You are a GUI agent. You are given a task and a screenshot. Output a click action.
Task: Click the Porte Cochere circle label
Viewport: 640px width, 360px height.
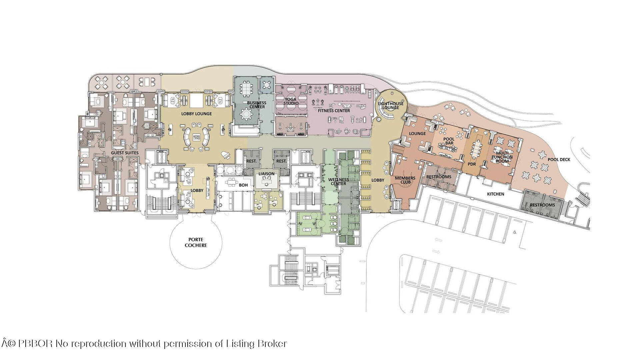[196, 242]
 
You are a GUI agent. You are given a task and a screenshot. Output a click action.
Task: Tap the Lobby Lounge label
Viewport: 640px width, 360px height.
[196, 114]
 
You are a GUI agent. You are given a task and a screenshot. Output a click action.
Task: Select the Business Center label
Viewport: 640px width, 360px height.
[257, 105]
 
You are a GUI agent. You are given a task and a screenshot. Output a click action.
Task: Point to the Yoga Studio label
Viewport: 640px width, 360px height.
[291, 101]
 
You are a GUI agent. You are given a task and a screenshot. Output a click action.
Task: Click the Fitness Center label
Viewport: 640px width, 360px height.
[334, 111]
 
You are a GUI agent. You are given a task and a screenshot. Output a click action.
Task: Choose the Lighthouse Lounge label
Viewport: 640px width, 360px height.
[391, 105]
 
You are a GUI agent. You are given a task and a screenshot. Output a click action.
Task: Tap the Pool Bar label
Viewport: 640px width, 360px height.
[449, 141]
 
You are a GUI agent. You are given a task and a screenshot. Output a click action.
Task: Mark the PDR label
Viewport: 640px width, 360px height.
[472, 164]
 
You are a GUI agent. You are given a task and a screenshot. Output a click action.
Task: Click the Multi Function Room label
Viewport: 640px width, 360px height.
[502, 157]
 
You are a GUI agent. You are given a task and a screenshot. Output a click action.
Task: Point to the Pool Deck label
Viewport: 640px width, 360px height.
[559, 160]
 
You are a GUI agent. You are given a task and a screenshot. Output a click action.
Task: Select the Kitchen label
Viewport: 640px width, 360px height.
[496, 194]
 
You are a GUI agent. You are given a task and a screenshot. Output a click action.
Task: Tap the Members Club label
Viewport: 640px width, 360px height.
[405, 180]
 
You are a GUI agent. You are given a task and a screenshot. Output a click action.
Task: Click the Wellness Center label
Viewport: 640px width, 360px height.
[339, 182]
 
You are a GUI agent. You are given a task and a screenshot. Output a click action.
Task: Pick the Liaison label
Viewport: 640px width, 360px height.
[266, 174]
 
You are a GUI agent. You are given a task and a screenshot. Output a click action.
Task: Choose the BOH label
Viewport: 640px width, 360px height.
[243, 185]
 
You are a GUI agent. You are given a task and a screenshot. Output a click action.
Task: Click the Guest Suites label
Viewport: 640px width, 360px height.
[125, 153]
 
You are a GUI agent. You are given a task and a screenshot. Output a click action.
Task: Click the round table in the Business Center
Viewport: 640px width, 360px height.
[247, 114]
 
